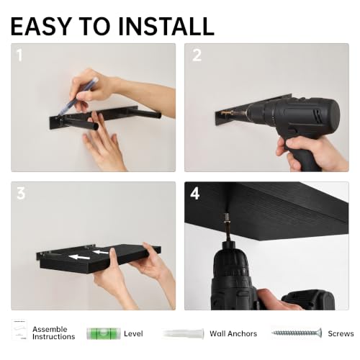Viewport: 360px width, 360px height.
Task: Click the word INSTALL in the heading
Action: (x=166, y=26)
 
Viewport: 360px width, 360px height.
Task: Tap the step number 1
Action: (x=19, y=55)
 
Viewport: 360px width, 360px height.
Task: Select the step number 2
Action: (x=197, y=55)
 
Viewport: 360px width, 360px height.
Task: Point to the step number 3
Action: (x=21, y=194)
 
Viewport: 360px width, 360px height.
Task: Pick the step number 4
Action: (x=195, y=194)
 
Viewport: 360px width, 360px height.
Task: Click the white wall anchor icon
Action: (x=183, y=334)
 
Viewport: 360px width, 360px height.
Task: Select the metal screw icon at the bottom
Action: (x=297, y=333)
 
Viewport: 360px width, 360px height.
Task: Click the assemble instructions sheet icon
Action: (x=19, y=330)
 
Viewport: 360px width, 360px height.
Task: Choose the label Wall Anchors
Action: (x=233, y=333)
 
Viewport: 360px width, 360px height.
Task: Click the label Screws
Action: (x=341, y=333)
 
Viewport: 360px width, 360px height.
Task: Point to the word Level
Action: (x=133, y=333)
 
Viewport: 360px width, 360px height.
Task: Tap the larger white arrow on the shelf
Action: (x=79, y=257)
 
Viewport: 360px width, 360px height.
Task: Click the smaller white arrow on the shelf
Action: (x=101, y=252)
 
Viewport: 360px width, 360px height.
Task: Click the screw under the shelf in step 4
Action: (x=226, y=218)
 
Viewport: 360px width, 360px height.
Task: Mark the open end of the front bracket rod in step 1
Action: (x=95, y=127)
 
